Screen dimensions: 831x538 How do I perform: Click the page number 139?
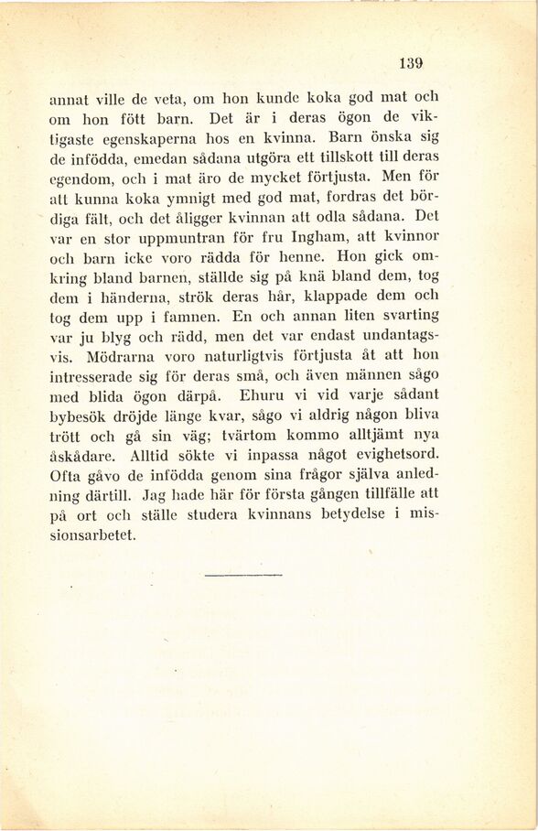point(411,63)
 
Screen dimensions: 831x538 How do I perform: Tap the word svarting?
point(402,315)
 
